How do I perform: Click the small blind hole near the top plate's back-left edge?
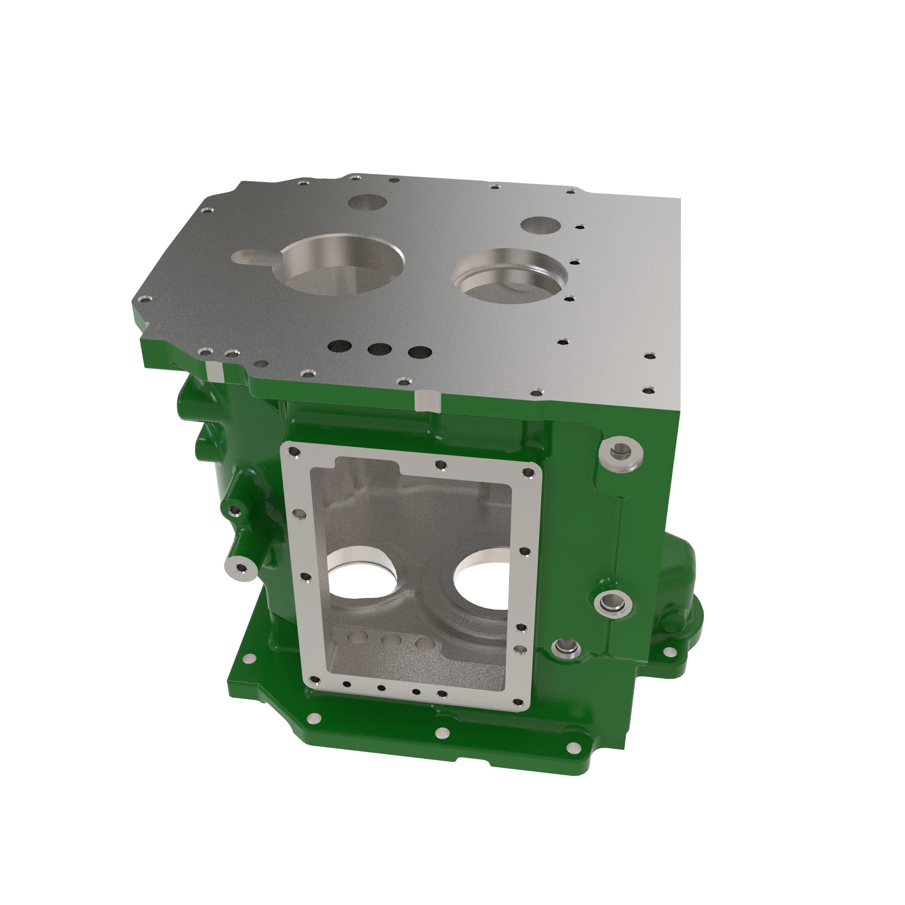pos(367,203)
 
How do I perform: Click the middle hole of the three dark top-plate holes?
pos(380,349)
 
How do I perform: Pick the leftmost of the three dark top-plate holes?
pos(340,346)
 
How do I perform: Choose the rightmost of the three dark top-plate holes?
pos(420,352)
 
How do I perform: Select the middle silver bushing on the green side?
pos(613,602)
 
